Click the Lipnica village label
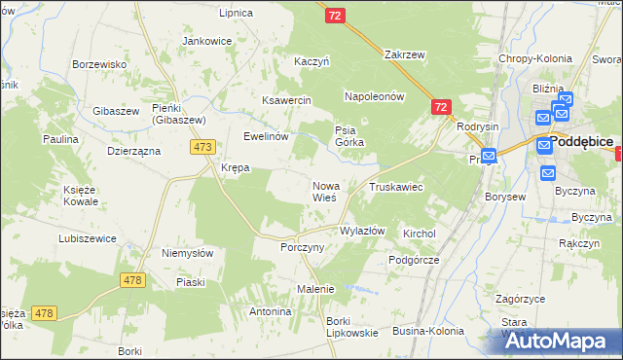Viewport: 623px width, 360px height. coord(237,14)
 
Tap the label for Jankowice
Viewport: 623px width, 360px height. coord(206,42)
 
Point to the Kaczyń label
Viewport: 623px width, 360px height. coord(312,61)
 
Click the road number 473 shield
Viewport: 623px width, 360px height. coord(202,147)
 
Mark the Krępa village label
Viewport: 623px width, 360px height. coord(236,167)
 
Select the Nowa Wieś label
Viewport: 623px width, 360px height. coord(325,191)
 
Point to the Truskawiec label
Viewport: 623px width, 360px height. coord(394,186)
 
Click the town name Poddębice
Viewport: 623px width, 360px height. coord(581,141)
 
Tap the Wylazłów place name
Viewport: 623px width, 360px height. coord(362,232)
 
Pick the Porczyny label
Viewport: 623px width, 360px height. coord(302,247)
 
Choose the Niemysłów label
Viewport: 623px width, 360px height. coord(188,253)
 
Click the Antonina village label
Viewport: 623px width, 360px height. coord(271,312)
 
